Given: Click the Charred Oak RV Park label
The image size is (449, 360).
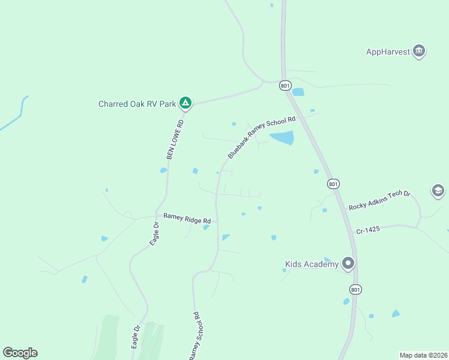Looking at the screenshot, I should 137,104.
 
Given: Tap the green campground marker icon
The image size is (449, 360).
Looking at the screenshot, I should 186,104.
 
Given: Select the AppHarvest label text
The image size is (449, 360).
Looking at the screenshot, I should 388,52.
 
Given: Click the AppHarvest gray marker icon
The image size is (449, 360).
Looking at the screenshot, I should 420,51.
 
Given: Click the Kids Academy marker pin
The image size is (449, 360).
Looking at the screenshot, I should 348,263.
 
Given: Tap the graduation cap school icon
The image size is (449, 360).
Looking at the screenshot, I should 438,191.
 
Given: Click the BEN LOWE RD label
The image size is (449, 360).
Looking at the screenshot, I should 175,139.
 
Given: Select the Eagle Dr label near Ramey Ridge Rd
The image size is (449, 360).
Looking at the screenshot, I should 154,233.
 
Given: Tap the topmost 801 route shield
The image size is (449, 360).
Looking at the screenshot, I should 285,86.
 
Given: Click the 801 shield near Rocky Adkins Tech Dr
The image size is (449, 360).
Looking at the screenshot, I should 333,183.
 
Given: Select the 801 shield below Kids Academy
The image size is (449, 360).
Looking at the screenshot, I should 355,289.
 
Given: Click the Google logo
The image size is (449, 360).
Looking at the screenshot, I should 20,353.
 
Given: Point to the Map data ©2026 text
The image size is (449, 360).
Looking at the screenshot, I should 423,355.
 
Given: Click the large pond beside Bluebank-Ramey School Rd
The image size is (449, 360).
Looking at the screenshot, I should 282,138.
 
